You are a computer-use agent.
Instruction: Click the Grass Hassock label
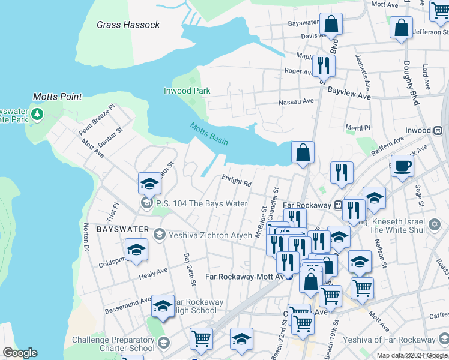[128, 25]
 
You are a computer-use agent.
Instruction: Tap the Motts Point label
[58, 96]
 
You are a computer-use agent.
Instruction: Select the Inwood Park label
[186, 91]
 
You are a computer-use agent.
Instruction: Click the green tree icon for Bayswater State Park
[37, 113]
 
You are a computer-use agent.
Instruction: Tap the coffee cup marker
[402, 166]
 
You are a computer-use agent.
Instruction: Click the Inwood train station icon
[438, 130]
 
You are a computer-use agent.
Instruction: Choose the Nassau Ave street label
[297, 102]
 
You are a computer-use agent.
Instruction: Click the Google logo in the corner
[20, 353]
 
